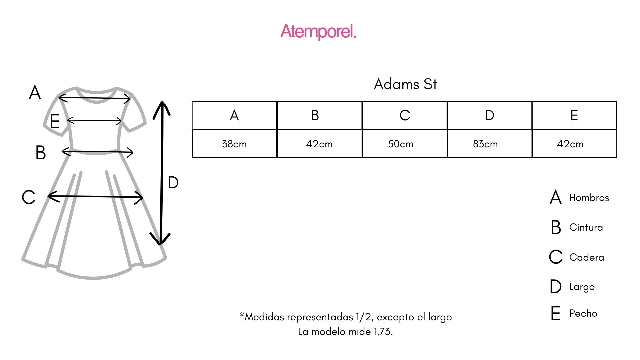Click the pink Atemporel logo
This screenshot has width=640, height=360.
(x=318, y=32)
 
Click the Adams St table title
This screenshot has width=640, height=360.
(x=405, y=84)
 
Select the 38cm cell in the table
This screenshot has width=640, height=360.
(x=234, y=144)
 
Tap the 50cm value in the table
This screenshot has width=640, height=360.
(x=401, y=144)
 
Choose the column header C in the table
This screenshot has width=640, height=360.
(x=405, y=115)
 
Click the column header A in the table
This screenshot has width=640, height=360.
(x=234, y=115)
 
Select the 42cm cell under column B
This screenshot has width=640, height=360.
(x=319, y=144)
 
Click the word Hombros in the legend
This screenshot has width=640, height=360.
(x=589, y=198)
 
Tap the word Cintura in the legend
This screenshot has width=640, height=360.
(x=586, y=227)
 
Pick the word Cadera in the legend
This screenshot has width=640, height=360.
(x=587, y=257)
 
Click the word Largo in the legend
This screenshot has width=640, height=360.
(x=582, y=287)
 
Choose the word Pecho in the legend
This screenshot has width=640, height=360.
(x=583, y=313)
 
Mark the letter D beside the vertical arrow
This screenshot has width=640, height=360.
(x=173, y=183)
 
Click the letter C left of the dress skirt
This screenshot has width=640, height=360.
(x=29, y=197)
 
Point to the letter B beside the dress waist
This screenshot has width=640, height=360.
(x=41, y=153)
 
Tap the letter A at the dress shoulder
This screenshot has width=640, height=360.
(x=35, y=92)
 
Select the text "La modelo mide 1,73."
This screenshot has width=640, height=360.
(x=345, y=332)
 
